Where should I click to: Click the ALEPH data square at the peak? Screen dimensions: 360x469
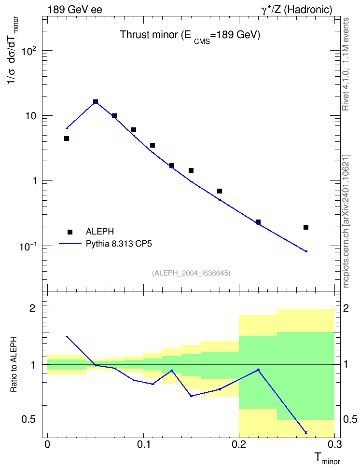(96, 102)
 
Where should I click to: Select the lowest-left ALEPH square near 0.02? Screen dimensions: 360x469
(67, 138)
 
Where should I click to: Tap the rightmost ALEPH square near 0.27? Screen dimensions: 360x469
(306, 227)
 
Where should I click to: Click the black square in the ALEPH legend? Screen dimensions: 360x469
(70, 232)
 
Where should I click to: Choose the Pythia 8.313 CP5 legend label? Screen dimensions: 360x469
(119, 244)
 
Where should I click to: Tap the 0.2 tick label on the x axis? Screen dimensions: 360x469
(239, 444)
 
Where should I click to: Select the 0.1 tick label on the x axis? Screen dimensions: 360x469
(143, 444)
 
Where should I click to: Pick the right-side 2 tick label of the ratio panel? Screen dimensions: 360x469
(346, 308)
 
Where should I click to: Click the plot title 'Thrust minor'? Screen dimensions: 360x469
(149, 35)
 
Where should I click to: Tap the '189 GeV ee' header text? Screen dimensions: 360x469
(75, 10)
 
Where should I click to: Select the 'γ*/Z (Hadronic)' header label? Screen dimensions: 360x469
(297, 10)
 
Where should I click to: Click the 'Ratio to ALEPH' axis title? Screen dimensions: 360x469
(14, 364)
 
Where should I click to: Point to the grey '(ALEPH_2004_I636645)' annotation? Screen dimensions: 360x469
(191, 273)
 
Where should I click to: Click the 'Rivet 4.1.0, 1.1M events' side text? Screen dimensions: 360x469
(346, 64)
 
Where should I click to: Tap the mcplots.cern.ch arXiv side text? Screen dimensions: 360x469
(346, 221)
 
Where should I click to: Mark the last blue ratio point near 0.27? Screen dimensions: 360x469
(306, 433)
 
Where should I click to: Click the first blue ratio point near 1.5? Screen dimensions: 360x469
(67, 336)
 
